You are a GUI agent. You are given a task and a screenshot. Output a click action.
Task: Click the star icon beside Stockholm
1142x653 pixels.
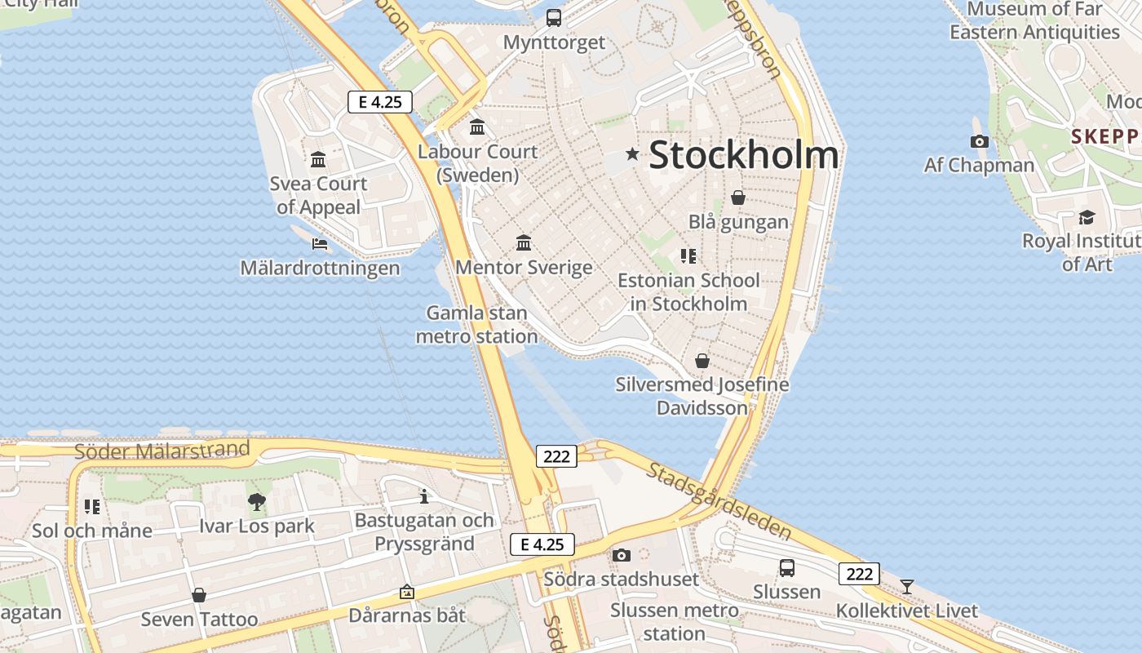coord(632,153)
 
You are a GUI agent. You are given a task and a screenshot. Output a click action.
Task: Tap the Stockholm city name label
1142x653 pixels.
coord(743,155)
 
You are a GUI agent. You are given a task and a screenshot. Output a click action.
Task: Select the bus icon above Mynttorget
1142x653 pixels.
coord(554,17)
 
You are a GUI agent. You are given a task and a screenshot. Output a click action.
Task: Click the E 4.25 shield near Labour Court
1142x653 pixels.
coord(380,102)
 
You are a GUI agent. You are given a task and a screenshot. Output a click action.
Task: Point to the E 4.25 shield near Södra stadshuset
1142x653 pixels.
coord(542,544)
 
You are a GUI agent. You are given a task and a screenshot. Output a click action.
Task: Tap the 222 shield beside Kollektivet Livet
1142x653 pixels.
coord(860,574)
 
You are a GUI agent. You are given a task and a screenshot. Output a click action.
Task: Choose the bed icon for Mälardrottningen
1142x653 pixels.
coord(320,243)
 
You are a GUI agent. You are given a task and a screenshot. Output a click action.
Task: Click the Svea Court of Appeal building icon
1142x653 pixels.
coord(318,159)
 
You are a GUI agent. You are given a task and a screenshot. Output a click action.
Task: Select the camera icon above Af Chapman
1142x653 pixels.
coord(980,141)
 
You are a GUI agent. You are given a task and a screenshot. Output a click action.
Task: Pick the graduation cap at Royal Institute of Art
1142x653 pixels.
coord(1087,217)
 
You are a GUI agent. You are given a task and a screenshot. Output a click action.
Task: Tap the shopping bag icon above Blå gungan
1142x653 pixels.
coord(738,198)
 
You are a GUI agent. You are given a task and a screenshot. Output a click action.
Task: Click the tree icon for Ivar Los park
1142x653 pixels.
coord(257,501)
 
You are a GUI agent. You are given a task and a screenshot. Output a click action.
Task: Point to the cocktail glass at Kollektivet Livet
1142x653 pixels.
coord(906,587)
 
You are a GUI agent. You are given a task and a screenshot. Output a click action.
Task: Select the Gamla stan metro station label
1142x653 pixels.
coord(477,325)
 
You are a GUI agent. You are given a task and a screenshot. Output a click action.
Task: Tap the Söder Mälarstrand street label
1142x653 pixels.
coord(162,450)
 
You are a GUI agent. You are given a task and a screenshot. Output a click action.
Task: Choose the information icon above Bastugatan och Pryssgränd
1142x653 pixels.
coord(423,496)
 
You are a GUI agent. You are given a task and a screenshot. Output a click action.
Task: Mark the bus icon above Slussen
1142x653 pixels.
coord(787,567)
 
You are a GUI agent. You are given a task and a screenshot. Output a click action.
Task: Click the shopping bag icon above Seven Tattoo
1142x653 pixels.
coord(199,595)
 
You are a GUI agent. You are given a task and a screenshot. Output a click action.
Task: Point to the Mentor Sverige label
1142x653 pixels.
coord(524,268)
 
